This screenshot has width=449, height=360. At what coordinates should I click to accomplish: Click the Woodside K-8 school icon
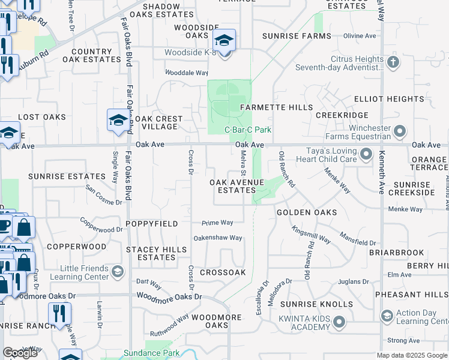224,41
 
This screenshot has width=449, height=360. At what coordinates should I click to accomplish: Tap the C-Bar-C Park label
248,130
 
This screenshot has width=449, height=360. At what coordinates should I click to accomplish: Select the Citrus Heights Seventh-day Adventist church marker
393,62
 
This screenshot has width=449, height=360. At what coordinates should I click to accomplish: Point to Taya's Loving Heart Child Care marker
366,156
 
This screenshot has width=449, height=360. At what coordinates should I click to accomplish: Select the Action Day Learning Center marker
387,315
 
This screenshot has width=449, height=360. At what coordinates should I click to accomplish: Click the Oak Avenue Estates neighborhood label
232,185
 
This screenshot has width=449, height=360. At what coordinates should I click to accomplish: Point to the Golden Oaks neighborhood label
306,213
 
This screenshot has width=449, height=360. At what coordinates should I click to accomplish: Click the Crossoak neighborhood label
223,272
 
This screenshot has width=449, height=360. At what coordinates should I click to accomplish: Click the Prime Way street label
217,223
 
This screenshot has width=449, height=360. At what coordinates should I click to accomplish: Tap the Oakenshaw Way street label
217,238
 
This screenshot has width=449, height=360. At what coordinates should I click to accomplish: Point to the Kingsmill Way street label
311,235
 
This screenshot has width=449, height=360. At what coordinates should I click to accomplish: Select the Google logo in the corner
20,353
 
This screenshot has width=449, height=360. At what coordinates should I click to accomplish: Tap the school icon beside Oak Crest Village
117,120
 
